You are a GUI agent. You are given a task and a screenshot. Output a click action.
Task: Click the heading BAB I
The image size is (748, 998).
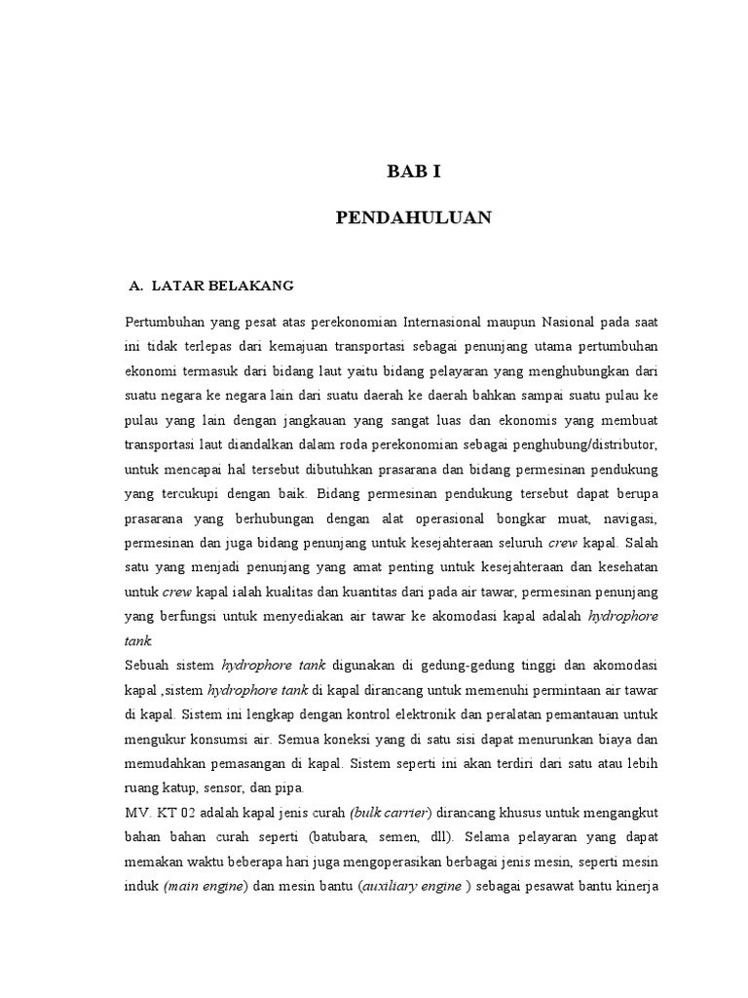[414, 172]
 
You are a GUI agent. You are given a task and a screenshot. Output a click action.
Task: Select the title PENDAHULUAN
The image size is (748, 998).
[414, 217]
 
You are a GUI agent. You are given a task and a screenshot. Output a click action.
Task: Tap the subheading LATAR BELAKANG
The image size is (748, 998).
[223, 286]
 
